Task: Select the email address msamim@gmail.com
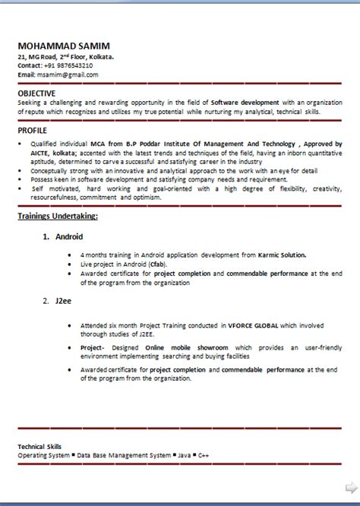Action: click(x=68, y=75)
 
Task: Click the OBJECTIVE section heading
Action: click(x=36, y=93)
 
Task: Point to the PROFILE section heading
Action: click(x=32, y=131)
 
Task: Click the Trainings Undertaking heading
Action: click(x=58, y=217)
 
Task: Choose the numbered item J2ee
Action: click(x=63, y=302)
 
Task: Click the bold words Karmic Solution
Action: click(x=283, y=255)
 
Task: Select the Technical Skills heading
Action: click(x=45, y=446)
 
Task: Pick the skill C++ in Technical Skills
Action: click(x=204, y=454)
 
